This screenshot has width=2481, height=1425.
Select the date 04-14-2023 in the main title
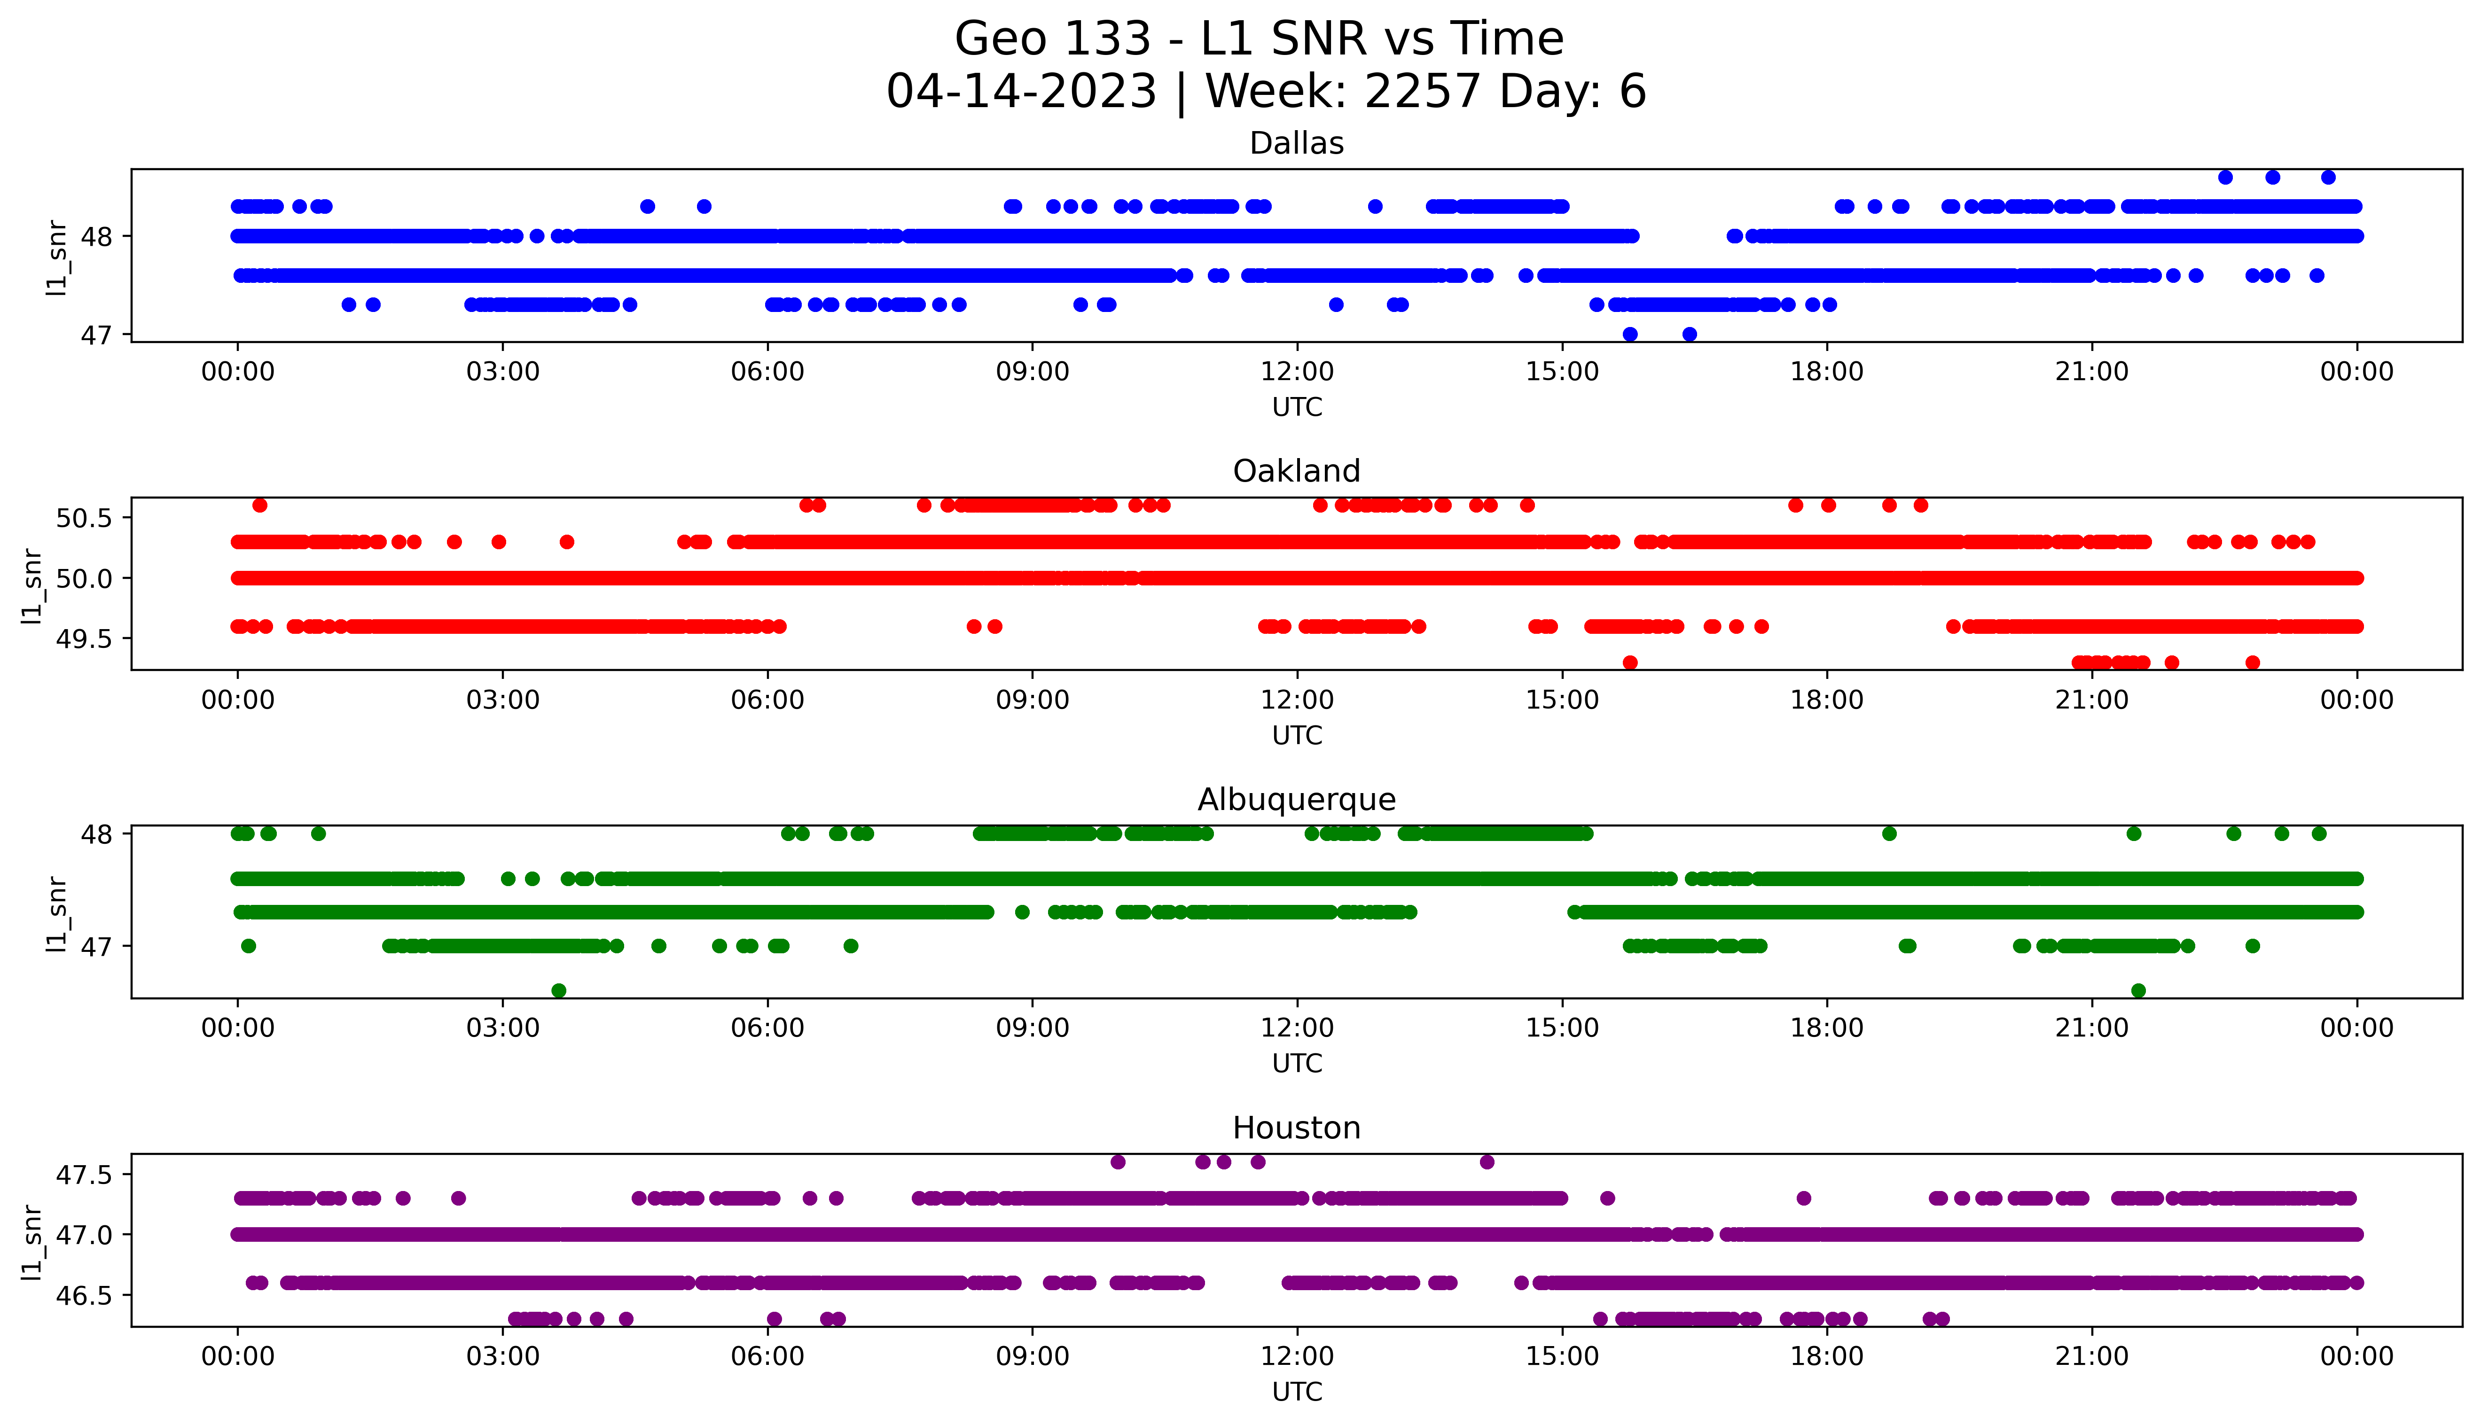(1021, 92)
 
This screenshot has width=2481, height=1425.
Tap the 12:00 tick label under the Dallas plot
(1297, 372)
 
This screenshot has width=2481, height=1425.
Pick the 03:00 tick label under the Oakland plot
(503, 700)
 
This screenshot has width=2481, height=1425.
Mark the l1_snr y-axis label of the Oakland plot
(32, 585)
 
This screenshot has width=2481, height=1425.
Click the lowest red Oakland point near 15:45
(1629, 662)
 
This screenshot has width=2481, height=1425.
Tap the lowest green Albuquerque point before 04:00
(559, 990)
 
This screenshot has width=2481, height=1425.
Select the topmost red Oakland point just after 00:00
(259, 505)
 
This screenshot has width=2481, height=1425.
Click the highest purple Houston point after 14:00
(1487, 1162)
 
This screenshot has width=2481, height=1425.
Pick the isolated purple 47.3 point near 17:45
(1804, 1198)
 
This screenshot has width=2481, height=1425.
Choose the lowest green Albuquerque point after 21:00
(2138, 990)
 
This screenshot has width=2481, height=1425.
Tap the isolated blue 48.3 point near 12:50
(1375, 207)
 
